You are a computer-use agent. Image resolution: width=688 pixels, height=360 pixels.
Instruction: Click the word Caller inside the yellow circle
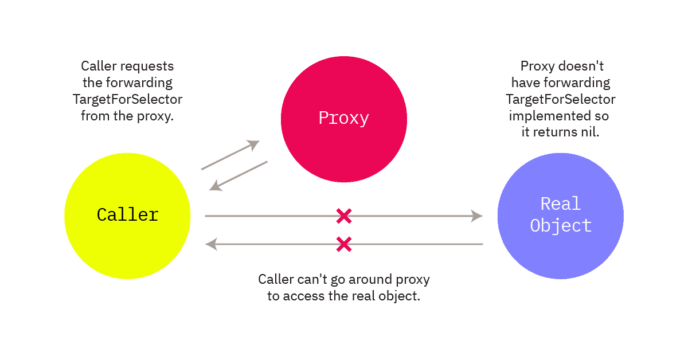pos(127,214)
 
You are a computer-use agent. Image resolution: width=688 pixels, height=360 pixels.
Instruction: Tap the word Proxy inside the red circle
pos(343,118)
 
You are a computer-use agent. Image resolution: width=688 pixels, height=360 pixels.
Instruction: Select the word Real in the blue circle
pos(561,204)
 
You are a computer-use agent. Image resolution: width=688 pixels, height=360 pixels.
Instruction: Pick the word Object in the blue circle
pos(561,226)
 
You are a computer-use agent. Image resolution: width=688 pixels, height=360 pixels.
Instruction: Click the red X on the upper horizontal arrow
pos(344,216)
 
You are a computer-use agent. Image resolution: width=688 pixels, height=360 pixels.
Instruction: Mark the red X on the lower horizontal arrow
pos(344,244)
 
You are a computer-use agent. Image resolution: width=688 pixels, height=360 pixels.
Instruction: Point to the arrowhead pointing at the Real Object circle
pos(476,216)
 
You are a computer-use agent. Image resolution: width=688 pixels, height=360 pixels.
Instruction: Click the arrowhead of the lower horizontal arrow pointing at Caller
pos(212,244)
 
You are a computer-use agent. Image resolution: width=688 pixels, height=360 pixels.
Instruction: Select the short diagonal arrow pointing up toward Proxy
pos(230,155)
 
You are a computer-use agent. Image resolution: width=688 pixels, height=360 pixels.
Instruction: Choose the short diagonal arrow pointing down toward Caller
pos(239,176)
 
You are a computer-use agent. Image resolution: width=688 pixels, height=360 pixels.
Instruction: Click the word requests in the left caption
pos(147,66)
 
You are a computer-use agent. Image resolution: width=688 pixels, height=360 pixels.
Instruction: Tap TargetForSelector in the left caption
pos(127,99)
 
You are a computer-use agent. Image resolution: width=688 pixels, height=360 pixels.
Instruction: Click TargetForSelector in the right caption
pos(561,99)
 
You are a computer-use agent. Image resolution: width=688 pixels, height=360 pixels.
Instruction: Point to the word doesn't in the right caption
pos(581,66)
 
